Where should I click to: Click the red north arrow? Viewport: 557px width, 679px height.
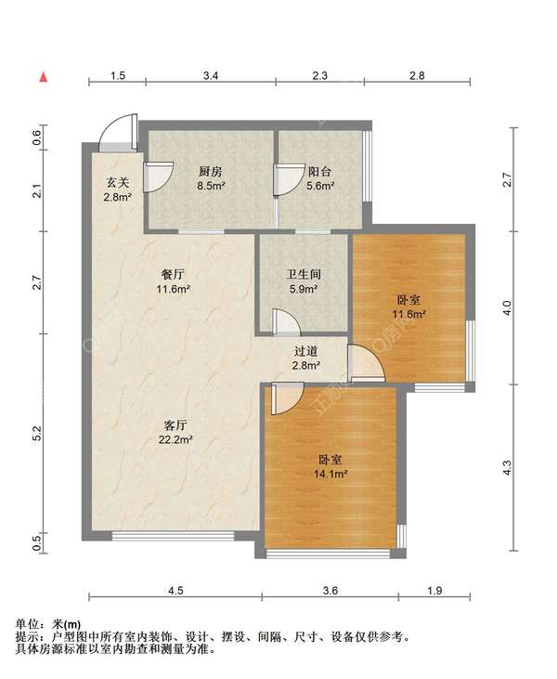[44, 77]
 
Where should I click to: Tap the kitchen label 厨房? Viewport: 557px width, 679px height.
[211, 172]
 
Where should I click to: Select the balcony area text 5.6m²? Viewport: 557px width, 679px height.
[320, 186]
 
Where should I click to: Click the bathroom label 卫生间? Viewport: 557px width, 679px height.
[304, 274]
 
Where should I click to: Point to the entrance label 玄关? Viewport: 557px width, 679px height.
[118, 183]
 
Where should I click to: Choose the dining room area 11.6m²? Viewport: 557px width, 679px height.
[174, 289]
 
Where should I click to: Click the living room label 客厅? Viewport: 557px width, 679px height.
[175, 424]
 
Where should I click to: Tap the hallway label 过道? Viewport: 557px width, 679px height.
[306, 351]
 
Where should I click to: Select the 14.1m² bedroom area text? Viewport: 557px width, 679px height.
[331, 474]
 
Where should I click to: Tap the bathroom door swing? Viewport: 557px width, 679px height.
[291, 319]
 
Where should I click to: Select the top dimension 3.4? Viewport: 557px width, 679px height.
[211, 76]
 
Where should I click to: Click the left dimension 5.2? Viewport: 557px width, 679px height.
[38, 434]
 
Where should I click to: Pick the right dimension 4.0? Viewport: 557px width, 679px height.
[507, 307]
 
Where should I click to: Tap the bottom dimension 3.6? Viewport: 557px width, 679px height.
[330, 591]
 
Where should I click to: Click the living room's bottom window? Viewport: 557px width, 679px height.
[173, 536]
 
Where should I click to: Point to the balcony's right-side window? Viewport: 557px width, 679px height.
[367, 166]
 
